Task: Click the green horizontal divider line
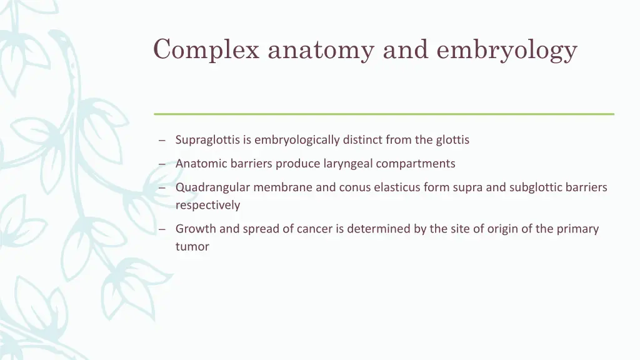[x=384, y=114]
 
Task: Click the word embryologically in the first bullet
[x=297, y=140]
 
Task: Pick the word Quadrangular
[x=210, y=187]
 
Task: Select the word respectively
[x=207, y=205]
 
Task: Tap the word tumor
[x=192, y=246]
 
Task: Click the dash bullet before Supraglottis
[x=161, y=141]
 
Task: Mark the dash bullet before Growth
[x=161, y=229]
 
